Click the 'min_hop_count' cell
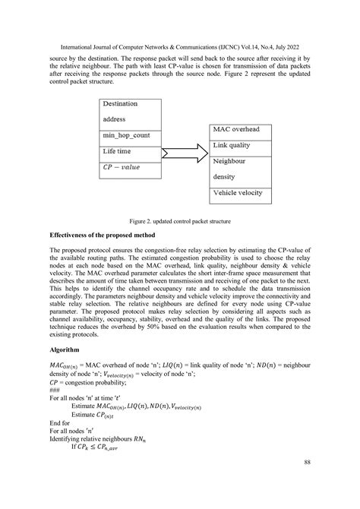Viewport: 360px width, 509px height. pyautogui.click(x=130, y=134)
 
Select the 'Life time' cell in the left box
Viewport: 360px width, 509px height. pyautogui.click(x=130, y=151)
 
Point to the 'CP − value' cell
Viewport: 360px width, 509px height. pyautogui.click(x=130, y=167)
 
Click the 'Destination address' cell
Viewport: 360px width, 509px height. pyautogui.click(x=130, y=111)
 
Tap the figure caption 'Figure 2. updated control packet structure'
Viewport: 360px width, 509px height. pyautogui.click(x=180, y=220)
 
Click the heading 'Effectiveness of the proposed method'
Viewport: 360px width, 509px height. pyautogui.click(x=112, y=236)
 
